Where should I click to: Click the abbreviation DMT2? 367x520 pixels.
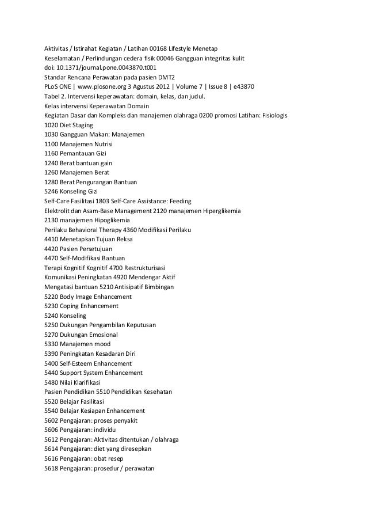[165, 77]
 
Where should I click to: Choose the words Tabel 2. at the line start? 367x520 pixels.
[55, 96]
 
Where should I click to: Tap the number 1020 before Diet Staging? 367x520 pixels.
[51, 124]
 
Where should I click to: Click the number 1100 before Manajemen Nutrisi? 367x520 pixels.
[51, 143]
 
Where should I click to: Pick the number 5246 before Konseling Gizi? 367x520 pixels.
[51, 191]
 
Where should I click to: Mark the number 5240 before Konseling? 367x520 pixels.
[51, 316]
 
